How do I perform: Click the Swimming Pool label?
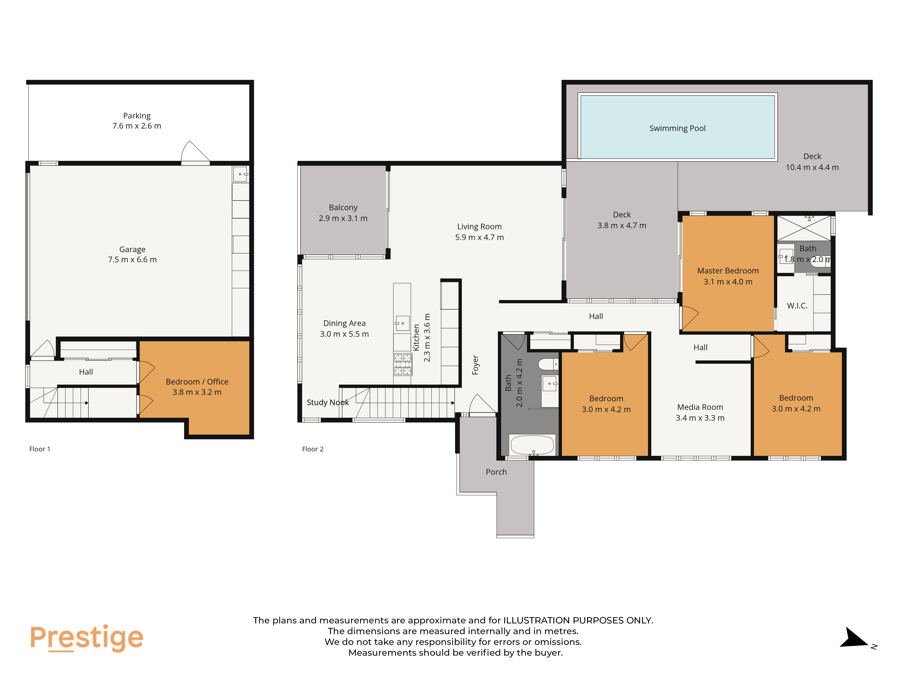click(x=677, y=128)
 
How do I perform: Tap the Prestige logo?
click(x=86, y=638)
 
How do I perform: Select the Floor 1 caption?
click(x=40, y=449)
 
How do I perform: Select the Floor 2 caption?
click(x=313, y=449)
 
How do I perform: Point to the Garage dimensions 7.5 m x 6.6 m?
click(x=132, y=260)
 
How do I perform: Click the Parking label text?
click(x=137, y=116)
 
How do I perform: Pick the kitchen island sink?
click(x=402, y=323)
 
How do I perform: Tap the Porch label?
click(x=496, y=472)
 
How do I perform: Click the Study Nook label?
click(x=328, y=402)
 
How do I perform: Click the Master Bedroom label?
click(x=728, y=271)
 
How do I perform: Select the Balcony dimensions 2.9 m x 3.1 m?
click(x=343, y=218)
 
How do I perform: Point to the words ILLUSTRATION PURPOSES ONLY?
click(x=578, y=620)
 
